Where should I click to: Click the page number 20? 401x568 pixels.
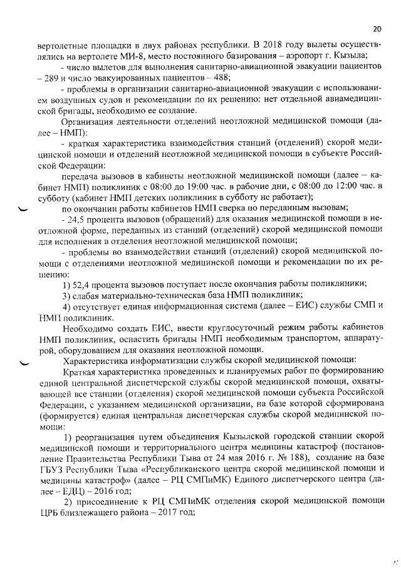pyautogui.click(x=377, y=28)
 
